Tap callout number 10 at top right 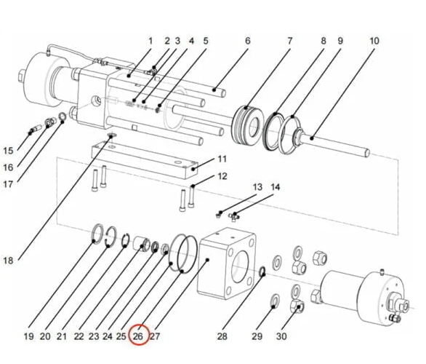pyautogui.click(x=374, y=41)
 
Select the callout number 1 pyautogui.click(x=150, y=41)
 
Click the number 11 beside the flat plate pyautogui.click(x=222, y=159)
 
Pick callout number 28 pyautogui.click(x=222, y=336)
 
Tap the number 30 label pyautogui.click(x=281, y=336)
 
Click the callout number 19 pyautogui.click(x=28, y=336)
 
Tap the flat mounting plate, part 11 pyautogui.click(x=145, y=159)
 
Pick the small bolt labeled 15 pyautogui.click(x=32, y=130)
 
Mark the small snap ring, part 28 pyautogui.click(x=262, y=273)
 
